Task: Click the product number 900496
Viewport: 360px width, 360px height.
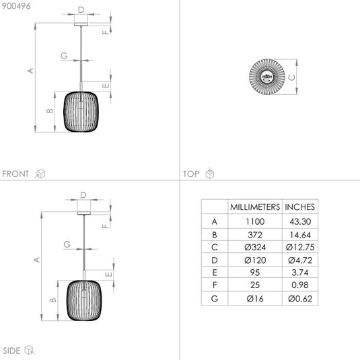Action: tap(16, 6)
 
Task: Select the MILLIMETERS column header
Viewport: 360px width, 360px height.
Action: tap(255, 207)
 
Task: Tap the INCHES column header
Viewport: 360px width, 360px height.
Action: tap(299, 207)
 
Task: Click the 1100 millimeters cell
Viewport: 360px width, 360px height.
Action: tap(255, 221)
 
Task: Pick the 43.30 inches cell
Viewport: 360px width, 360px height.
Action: tap(300, 221)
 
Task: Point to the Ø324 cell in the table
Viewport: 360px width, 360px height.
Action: tap(255, 247)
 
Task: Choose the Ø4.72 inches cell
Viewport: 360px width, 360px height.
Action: tap(300, 260)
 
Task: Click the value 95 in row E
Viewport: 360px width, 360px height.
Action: tap(255, 273)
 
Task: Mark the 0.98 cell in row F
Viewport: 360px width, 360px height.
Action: tap(300, 285)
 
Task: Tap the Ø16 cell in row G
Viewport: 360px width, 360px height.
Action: tap(255, 299)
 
